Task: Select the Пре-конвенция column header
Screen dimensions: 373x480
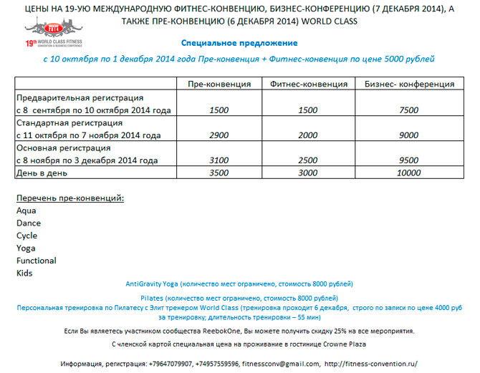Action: click(219, 84)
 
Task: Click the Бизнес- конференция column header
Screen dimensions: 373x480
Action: click(408, 84)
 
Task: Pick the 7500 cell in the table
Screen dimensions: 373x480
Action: click(408, 111)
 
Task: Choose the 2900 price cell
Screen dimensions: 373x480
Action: click(219, 135)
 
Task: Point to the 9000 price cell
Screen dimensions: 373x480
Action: click(408, 135)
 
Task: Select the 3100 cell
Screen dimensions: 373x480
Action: click(219, 160)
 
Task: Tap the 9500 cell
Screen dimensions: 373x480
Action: click(408, 160)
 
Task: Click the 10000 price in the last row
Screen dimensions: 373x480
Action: click(408, 173)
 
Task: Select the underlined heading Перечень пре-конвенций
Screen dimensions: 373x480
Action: click(69, 197)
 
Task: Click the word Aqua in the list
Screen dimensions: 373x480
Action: click(26, 210)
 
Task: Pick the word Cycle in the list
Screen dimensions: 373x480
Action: click(27, 236)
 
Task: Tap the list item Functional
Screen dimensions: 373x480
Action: click(36, 261)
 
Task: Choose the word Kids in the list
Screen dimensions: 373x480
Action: click(24, 273)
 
